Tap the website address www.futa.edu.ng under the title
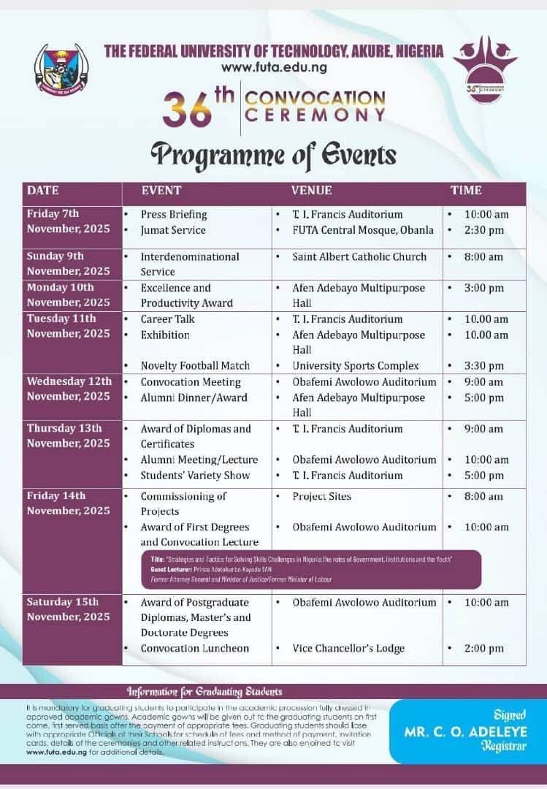pyautogui.click(x=273, y=67)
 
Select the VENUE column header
pyautogui.click(x=311, y=191)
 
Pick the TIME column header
pyautogui.click(x=466, y=191)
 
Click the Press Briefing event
pyautogui.click(x=174, y=215)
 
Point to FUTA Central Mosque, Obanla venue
pyautogui.click(x=363, y=230)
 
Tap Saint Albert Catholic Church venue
pyautogui.click(x=359, y=256)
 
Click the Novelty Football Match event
pyautogui.click(x=195, y=365)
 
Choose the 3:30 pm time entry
pyautogui.click(x=484, y=365)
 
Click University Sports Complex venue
pyautogui.click(x=356, y=365)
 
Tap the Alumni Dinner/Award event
pyautogui.click(x=194, y=397)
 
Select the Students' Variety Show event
pyautogui.click(x=195, y=476)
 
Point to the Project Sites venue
pyautogui.click(x=321, y=496)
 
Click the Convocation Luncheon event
pyautogui.click(x=195, y=648)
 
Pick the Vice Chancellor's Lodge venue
pyautogui.click(x=348, y=648)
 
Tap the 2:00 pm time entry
pyautogui.click(x=484, y=648)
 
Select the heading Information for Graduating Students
pyautogui.click(x=204, y=691)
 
